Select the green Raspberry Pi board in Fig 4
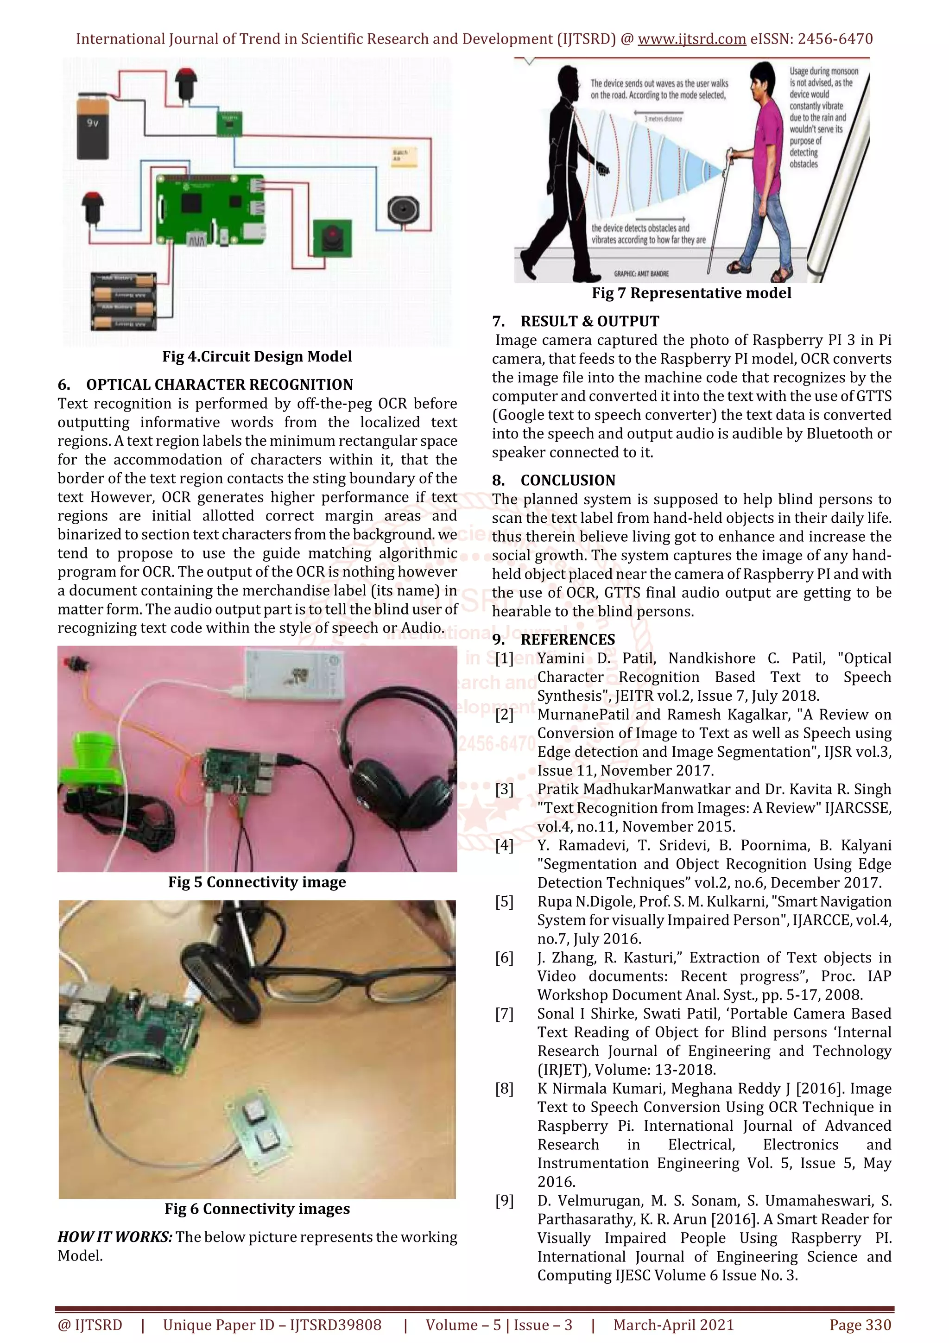pyautogui.click(x=210, y=210)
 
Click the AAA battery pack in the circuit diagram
pyautogui.click(x=123, y=301)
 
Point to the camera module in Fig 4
pyautogui.click(x=333, y=237)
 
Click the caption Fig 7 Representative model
pyautogui.click(x=691, y=293)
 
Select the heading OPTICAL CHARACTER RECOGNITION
pyautogui.click(x=219, y=385)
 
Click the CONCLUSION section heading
pyautogui.click(x=568, y=481)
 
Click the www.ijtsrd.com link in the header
pyautogui.click(x=691, y=39)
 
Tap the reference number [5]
pyautogui.click(x=504, y=901)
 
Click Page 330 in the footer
pyautogui.click(x=860, y=1325)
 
